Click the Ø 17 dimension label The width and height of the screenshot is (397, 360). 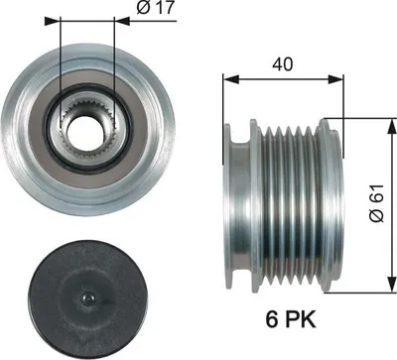(156, 8)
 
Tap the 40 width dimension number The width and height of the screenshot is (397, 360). (282, 64)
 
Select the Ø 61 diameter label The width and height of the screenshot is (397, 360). (377, 203)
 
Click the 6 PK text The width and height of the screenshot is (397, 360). (291, 319)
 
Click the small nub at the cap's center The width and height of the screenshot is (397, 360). (88, 299)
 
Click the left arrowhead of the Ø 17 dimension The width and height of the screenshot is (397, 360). (53, 21)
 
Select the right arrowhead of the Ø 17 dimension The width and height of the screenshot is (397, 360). (121, 21)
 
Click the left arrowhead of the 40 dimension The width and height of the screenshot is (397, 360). (231, 79)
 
